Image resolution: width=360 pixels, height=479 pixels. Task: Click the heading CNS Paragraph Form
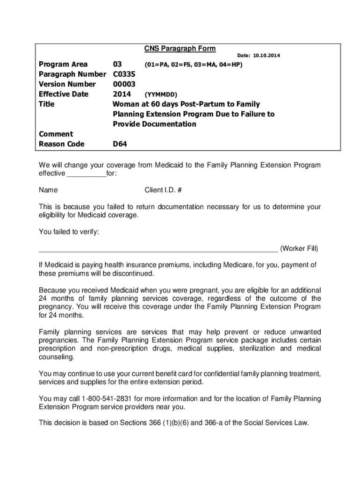tap(180, 49)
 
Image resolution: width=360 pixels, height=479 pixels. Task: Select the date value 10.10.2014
tap(267, 56)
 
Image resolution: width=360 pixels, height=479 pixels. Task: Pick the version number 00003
tap(124, 84)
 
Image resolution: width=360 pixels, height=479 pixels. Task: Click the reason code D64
tap(120, 144)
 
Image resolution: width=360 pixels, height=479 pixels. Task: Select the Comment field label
tap(56, 134)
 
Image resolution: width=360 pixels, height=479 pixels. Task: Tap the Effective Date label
tap(63, 94)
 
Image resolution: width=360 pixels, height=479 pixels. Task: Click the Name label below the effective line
tap(48, 190)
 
